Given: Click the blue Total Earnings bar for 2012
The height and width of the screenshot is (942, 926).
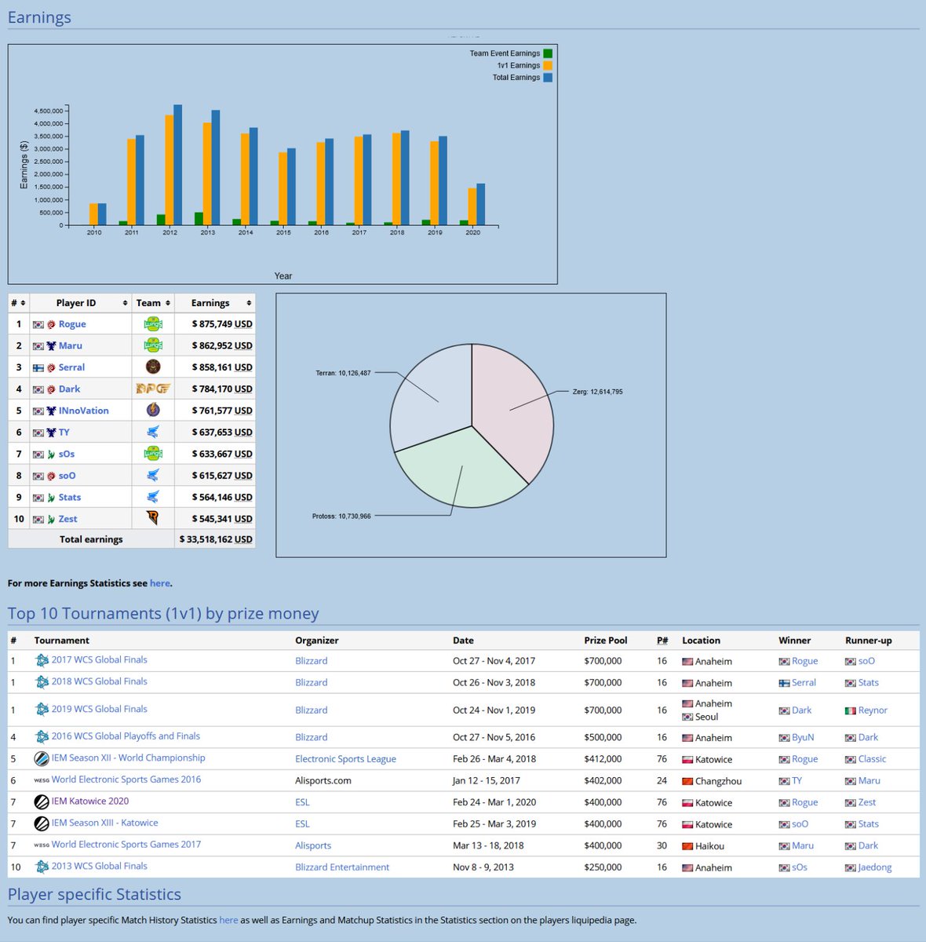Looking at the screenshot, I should point(178,165).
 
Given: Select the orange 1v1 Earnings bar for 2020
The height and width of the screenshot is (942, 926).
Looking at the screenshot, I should point(472,206).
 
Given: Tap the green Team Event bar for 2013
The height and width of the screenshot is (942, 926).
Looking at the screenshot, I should point(199,219).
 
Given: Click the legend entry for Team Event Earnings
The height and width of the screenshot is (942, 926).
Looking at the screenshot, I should point(505,53).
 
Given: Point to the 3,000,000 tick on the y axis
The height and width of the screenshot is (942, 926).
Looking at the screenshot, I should point(49,149).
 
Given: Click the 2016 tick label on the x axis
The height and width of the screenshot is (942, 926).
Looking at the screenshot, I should point(322,232).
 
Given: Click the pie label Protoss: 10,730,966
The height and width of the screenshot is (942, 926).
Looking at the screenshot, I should point(341,517).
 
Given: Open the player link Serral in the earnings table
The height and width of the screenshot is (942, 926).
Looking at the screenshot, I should point(71,367).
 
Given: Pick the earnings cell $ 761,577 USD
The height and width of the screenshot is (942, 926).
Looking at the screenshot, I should point(222,411).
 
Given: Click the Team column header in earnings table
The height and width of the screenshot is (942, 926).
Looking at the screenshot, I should point(148,303).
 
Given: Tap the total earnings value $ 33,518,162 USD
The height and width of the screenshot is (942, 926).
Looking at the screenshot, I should point(216,539).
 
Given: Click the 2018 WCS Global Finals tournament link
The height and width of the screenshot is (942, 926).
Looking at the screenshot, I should point(99,681).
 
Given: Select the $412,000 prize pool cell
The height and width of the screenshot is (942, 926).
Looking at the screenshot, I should point(603,759).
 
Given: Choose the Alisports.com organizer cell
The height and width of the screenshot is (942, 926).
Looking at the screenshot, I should point(323,781).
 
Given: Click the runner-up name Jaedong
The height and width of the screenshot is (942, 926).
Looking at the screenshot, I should point(874,867).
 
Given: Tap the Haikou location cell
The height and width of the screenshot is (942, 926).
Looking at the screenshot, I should point(709,846).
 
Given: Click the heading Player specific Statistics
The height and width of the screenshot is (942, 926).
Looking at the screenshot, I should point(94,894).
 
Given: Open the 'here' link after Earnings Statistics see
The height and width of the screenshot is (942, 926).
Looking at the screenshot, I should point(159,583).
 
